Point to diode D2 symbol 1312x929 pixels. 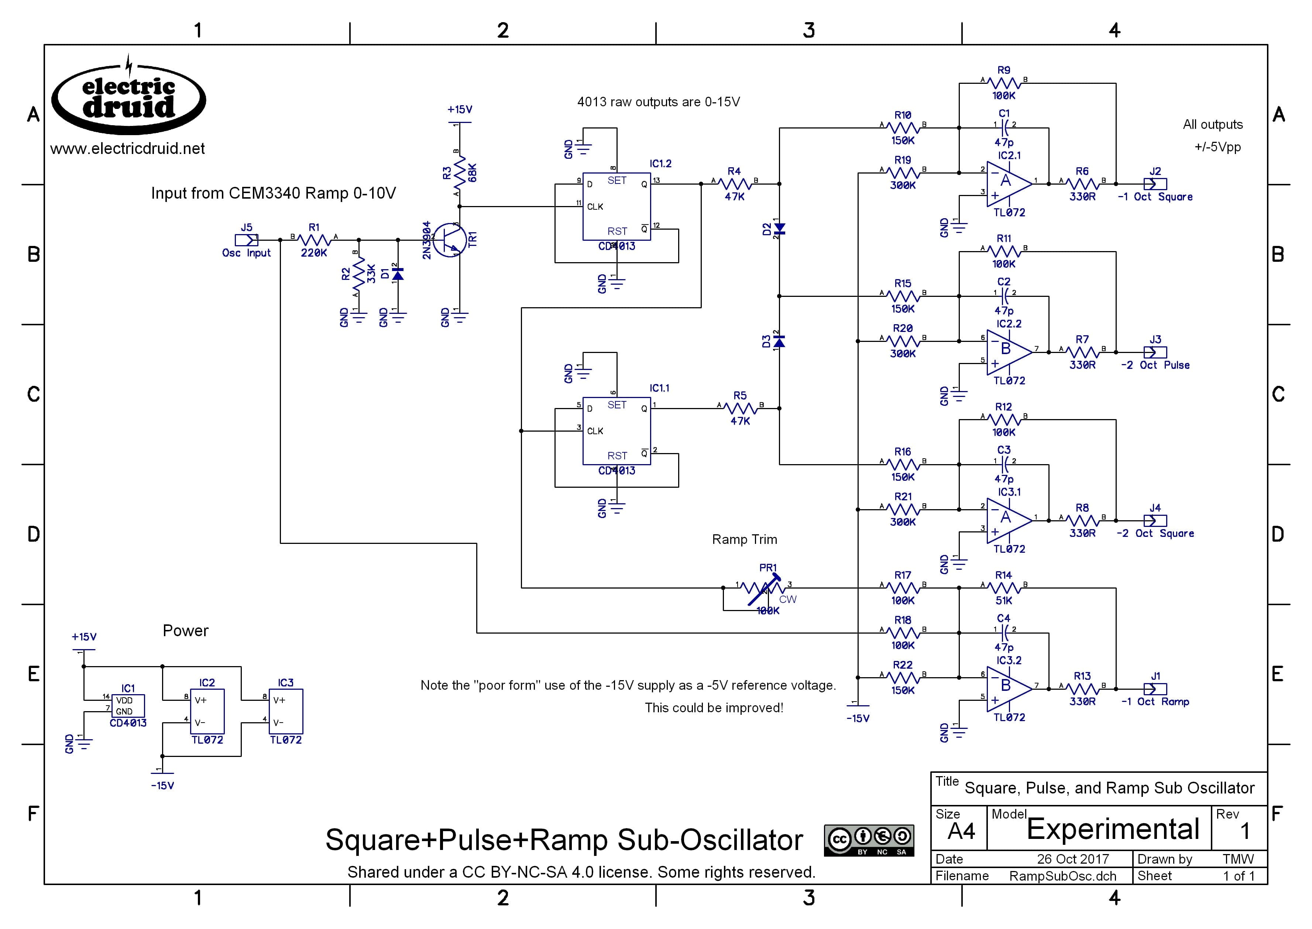coord(779,229)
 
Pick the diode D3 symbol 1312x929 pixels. coord(779,342)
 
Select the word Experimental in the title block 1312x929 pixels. coord(1112,829)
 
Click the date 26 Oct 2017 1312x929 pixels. coord(1072,859)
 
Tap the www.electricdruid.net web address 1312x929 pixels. coord(127,149)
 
